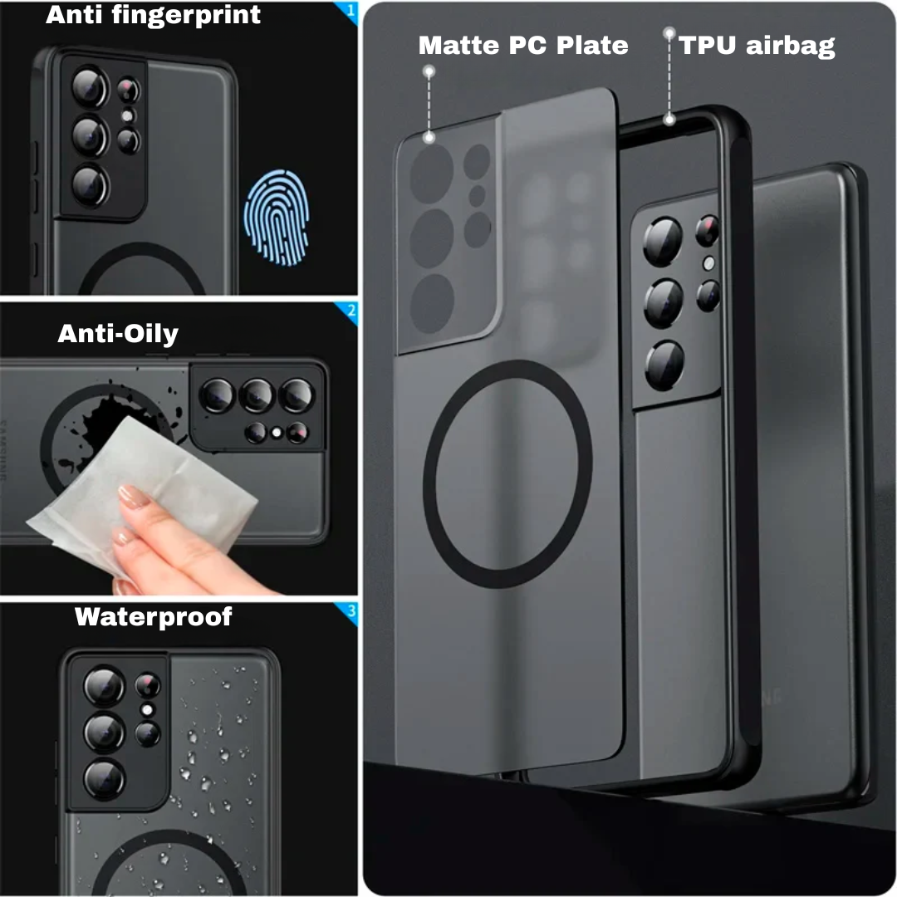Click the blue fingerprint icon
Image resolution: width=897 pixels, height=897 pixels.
click(x=277, y=218)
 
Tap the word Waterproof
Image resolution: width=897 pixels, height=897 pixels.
click(x=154, y=616)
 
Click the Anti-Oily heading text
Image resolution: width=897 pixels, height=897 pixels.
click(x=118, y=334)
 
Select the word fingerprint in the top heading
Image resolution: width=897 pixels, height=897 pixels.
click(x=186, y=15)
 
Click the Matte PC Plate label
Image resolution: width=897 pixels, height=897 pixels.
click(x=523, y=45)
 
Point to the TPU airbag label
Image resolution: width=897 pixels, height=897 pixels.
click(x=757, y=46)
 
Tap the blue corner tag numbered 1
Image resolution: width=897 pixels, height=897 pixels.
click(x=350, y=12)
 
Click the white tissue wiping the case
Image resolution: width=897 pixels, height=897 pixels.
click(x=143, y=492)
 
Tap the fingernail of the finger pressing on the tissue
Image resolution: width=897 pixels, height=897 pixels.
click(x=134, y=495)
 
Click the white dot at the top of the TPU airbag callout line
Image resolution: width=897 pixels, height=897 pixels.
click(x=669, y=33)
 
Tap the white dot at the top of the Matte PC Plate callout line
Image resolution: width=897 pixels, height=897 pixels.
click(x=429, y=71)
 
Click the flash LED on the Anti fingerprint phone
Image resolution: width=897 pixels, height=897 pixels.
click(x=128, y=116)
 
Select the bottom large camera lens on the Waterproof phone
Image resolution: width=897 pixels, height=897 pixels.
click(x=104, y=779)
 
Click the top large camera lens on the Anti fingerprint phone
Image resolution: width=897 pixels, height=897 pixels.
click(x=90, y=87)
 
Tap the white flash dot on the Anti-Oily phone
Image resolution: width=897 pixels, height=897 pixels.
click(x=277, y=433)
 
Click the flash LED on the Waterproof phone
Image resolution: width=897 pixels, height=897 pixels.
click(x=147, y=710)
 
